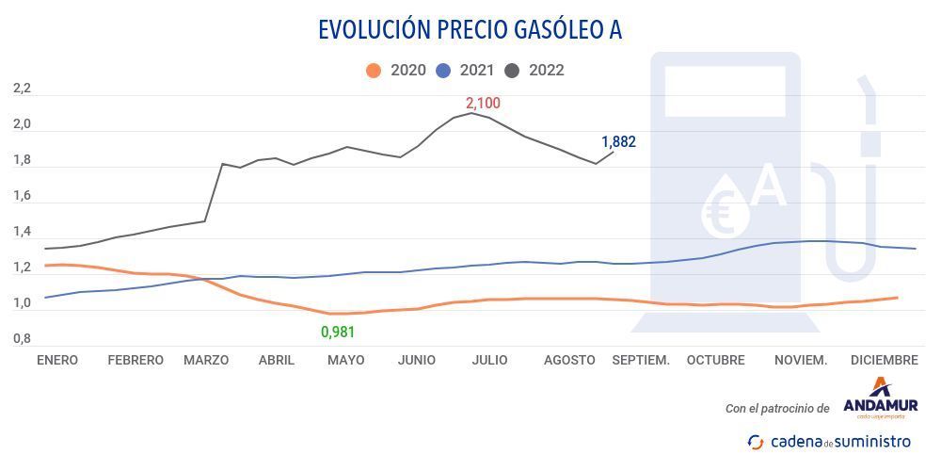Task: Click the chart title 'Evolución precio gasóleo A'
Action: click(470, 30)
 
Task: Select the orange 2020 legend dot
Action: click(374, 71)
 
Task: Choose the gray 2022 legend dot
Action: click(513, 71)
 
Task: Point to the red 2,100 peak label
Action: click(483, 103)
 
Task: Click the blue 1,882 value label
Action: click(618, 142)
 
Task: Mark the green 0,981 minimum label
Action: click(339, 332)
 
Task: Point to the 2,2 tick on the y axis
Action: click(22, 89)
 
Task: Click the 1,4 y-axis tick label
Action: click(22, 232)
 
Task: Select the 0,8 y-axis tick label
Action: click(22, 339)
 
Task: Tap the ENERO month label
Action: click(57, 360)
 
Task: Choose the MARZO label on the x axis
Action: click(206, 360)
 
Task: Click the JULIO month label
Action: click(489, 360)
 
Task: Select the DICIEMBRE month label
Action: click(884, 360)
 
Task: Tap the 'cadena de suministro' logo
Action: click(829, 441)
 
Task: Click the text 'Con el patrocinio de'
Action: click(777, 409)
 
